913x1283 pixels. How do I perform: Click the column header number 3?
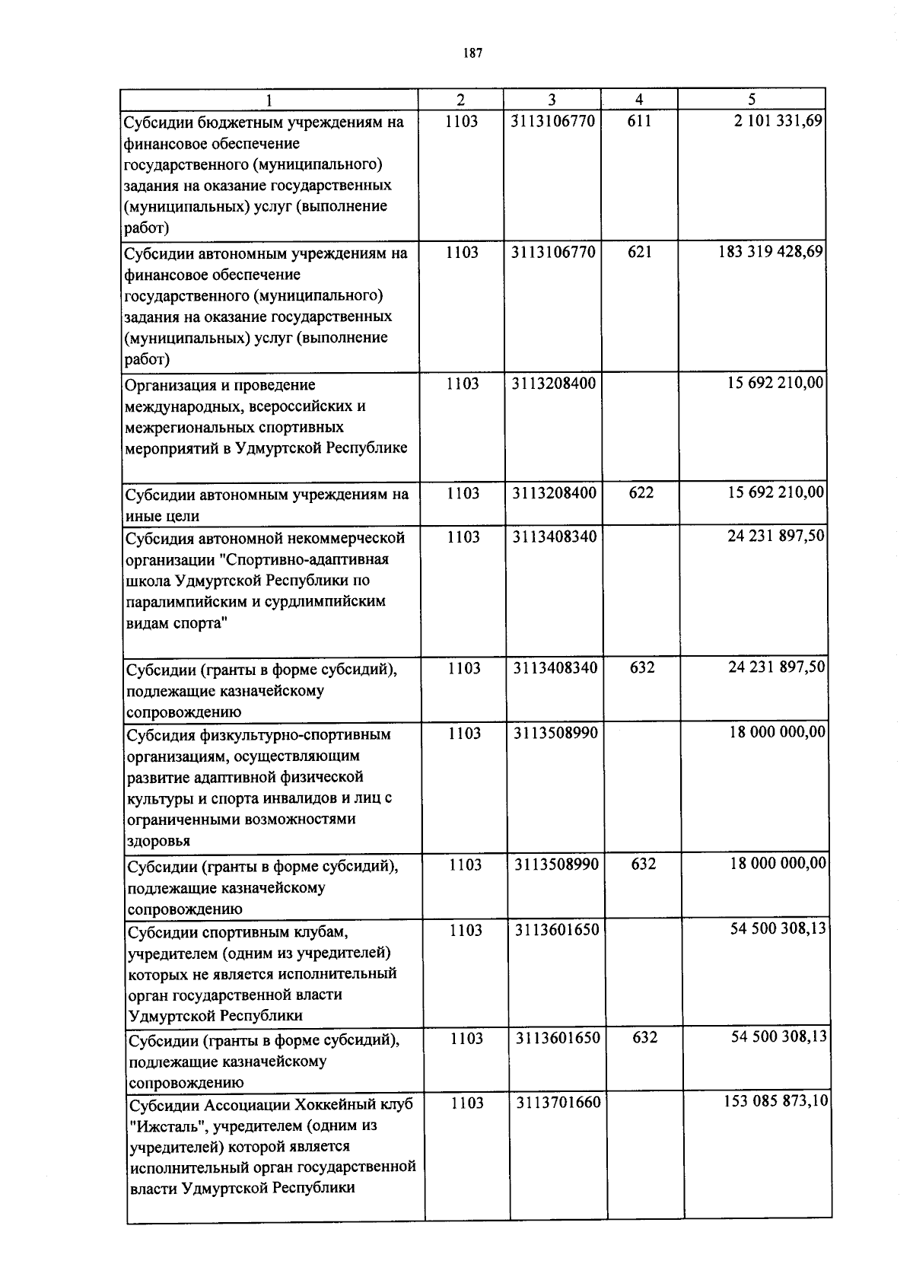click(x=552, y=99)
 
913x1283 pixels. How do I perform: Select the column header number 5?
click(x=752, y=99)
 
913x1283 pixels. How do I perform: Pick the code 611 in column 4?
click(x=639, y=121)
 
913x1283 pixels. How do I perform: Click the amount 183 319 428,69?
click(x=771, y=252)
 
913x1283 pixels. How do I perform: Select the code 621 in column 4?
click(x=639, y=252)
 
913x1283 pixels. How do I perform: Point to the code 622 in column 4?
click(x=641, y=493)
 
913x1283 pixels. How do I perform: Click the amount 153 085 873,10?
click(x=776, y=1101)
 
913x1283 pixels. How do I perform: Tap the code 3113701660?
click(x=558, y=1103)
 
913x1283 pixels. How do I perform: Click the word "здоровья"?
click(x=158, y=841)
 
